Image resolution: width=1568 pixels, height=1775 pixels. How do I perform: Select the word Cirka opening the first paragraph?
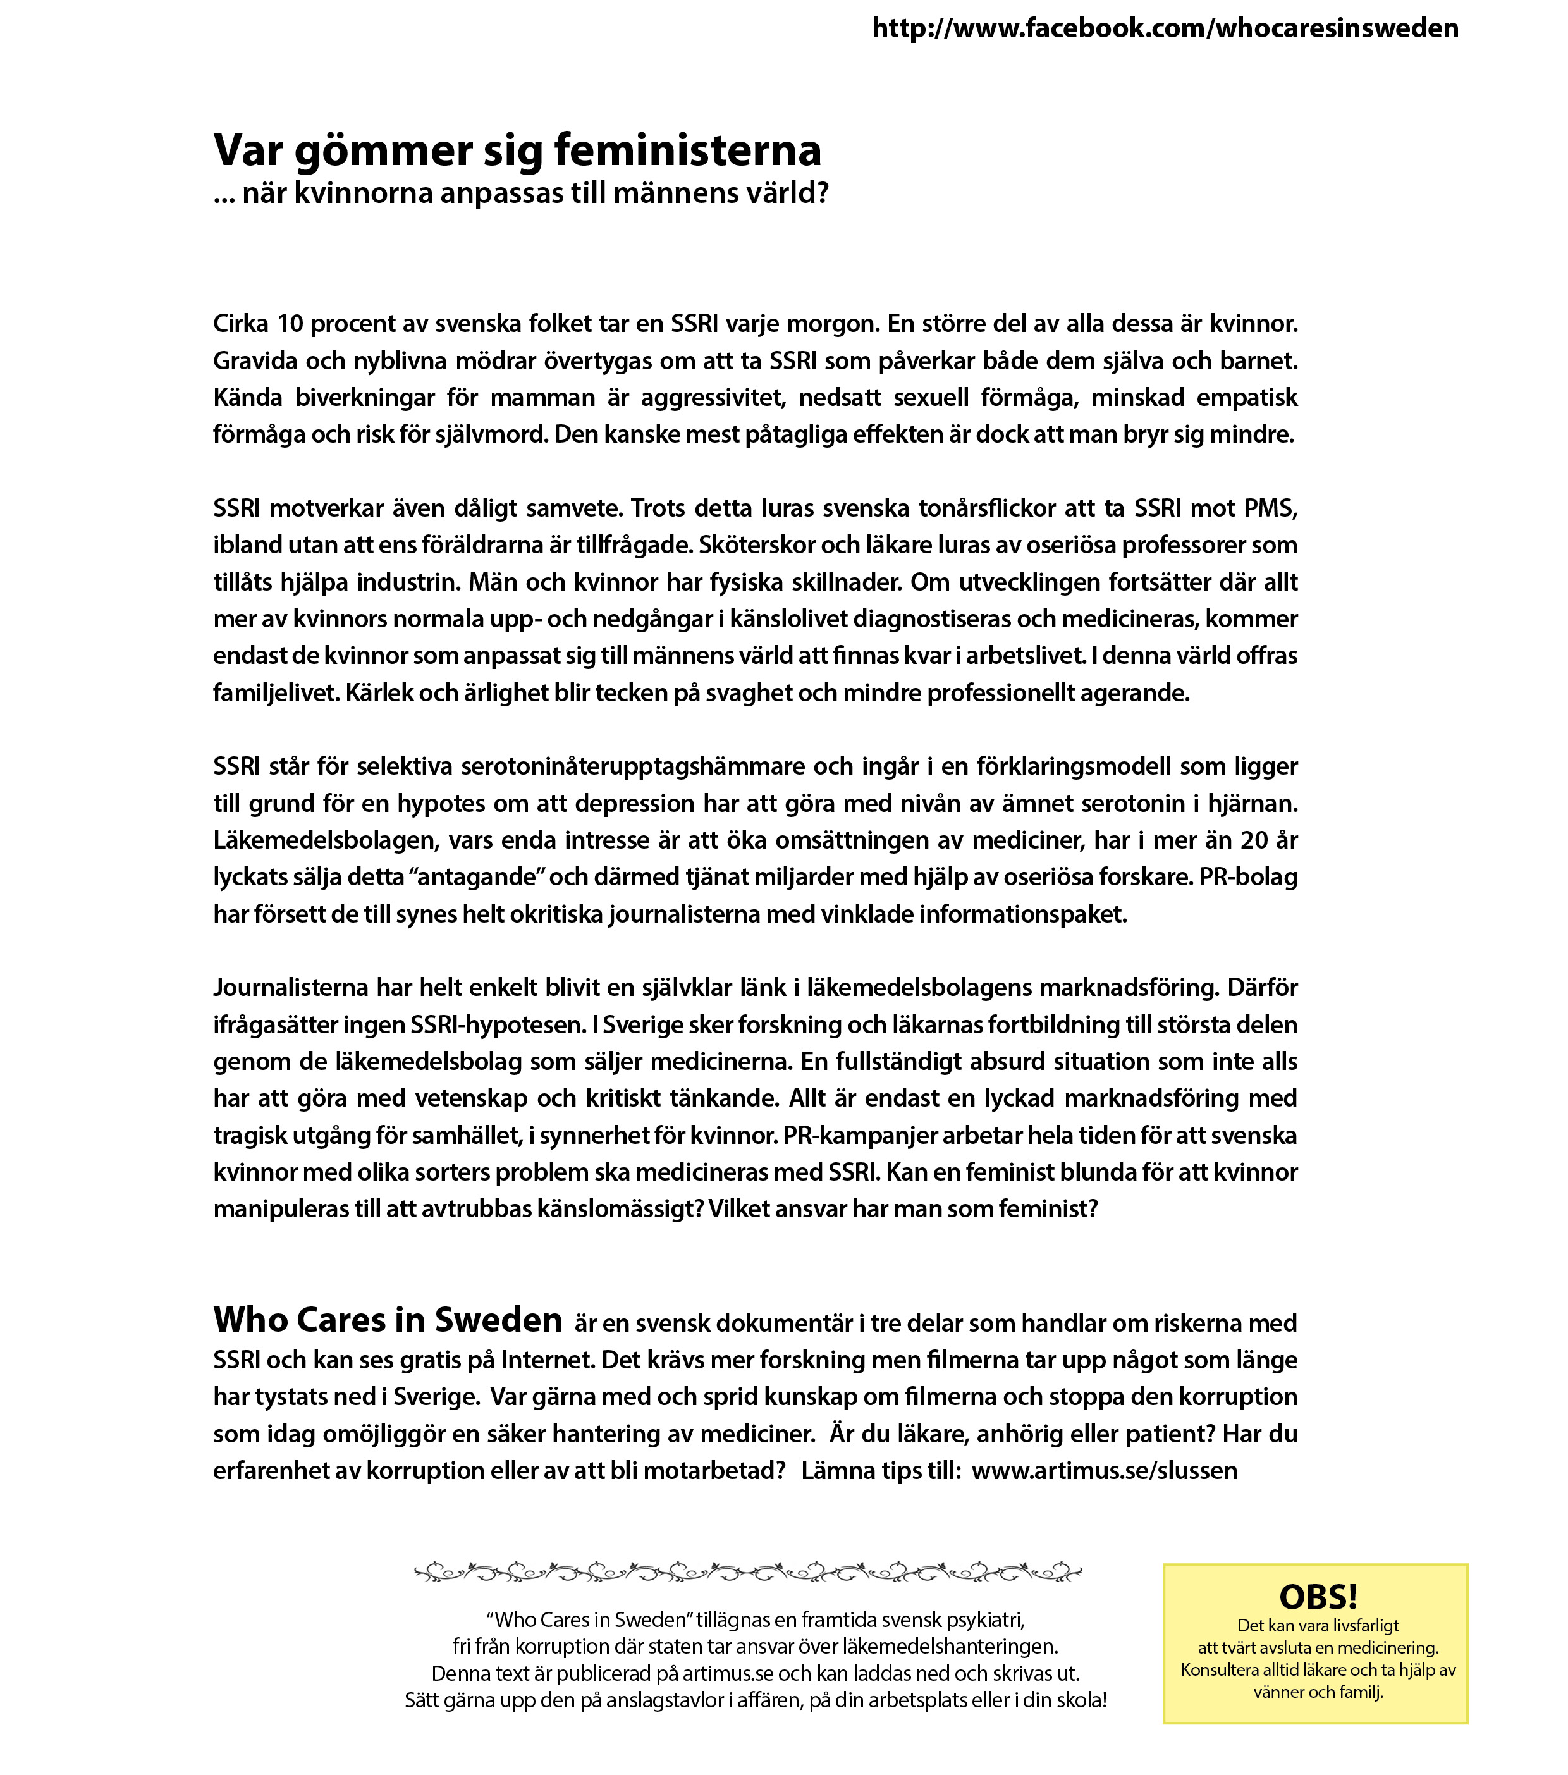click(240, 324)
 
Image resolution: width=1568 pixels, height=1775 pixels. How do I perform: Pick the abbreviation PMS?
click(1270, 508)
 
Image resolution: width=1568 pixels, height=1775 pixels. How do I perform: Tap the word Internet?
click(546, 1360)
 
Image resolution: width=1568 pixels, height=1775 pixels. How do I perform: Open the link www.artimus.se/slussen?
click(1105, 1470)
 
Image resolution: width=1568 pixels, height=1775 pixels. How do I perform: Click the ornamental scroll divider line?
click(747, 1573)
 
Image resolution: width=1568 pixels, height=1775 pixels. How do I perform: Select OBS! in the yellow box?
click(1318, 1597)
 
